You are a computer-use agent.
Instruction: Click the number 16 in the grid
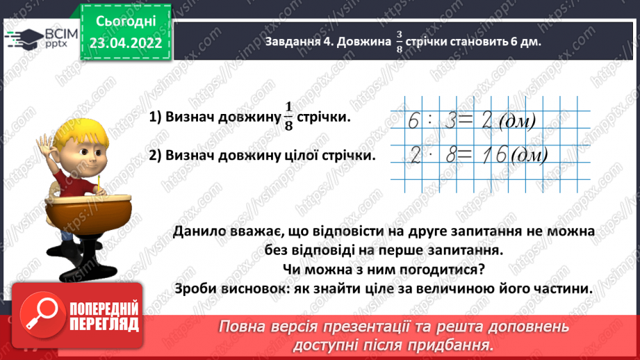(487, 154)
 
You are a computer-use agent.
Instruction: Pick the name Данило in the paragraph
(198, 231)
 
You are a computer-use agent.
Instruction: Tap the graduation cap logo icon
(25, 36)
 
